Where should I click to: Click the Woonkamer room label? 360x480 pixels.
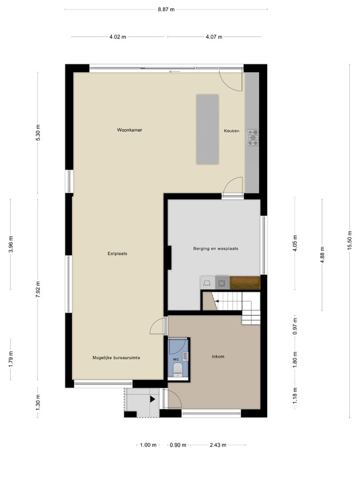pos(130,130)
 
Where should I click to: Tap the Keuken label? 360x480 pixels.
pos(231,131)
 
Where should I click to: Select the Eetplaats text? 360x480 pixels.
pos(117,253)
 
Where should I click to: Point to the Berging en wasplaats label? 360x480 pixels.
pos(215,249)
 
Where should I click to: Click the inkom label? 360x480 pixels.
pos(218,356)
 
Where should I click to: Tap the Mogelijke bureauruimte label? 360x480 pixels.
pos(116,357)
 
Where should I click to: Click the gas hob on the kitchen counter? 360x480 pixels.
pos(253,138)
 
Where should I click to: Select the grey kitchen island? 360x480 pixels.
pos(207,129)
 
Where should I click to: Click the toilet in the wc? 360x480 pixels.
pos(178,370)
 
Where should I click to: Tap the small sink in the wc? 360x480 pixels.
pos(185,356)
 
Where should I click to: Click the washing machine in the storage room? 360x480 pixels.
pos(222,283)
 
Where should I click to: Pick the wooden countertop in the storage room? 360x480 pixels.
pos(245,283)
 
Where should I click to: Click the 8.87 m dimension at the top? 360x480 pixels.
pos(166,9)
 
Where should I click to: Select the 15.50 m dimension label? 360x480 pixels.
pos(349,241)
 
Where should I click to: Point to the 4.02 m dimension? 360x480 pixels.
pos(118,37)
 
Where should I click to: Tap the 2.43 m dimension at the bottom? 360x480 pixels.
pos(218,445)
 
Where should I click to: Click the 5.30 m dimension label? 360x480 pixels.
pos(38,133)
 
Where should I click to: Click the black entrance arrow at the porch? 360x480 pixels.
pos(153,399)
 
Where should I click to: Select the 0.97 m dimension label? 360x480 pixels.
pos(295,326)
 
